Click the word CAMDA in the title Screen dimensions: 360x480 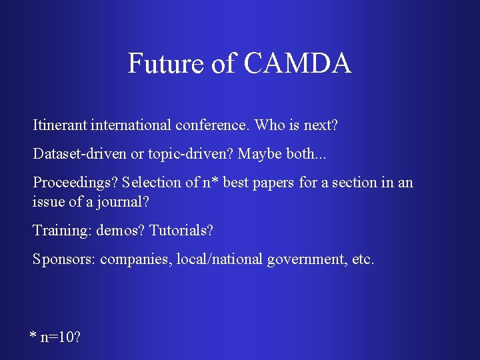click(297, 63)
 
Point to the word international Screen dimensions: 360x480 click(131, 125)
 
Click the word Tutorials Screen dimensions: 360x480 click(181, 231)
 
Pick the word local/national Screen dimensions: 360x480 click(219, 259)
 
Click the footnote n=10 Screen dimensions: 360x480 click(59, 337)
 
